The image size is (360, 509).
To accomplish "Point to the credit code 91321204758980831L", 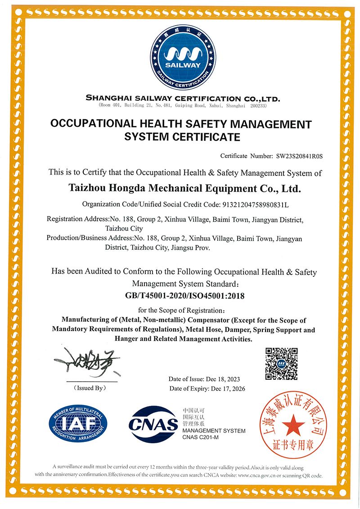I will [254, 204].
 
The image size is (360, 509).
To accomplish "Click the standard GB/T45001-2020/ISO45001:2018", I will [184, 296].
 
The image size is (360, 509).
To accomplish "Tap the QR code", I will [281, 363].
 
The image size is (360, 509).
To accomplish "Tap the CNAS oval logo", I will [153, 424].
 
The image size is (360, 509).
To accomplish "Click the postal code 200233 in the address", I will [258, 105].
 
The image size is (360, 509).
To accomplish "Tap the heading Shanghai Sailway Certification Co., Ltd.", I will [183, 98].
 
